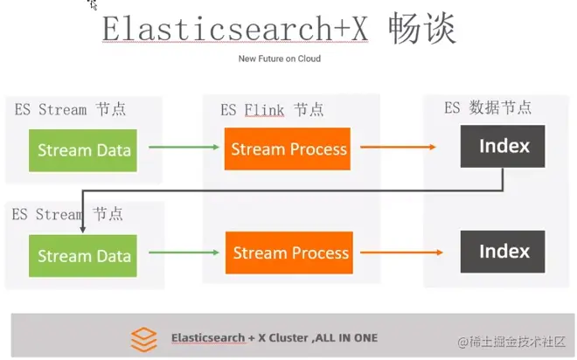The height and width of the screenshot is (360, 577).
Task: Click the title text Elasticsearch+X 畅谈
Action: pyautogui.click(x=279, y=29)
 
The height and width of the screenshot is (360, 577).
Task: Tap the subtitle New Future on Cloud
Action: pyautogui.click(x=280, y=59)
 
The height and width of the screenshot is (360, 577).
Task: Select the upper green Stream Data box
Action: pyautogui.click(x=84, y=149)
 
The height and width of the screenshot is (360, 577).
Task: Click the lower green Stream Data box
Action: pyautogui.click(x=84, y=256)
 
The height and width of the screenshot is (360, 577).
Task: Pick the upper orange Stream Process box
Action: pyautogui.click(x=288, y=149)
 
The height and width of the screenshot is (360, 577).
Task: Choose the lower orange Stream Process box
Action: pyautogui.click(x=289, y=253)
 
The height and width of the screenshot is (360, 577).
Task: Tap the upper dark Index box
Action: pyautogui.click(x=504, y=146)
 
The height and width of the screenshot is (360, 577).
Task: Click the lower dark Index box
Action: pyautogui.click(x=504, y=252)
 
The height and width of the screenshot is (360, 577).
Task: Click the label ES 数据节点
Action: pyautogui.click(x=488, y=107)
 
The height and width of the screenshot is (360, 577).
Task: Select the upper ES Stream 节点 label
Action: pyautogui.click(x=70, y=109)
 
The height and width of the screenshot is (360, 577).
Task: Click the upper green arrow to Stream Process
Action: pyautogui.click(x=184, y=147)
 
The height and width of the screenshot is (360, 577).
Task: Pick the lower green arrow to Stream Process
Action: pyautogui.click(x=184, y=253)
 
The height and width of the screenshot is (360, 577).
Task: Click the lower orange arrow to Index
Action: pyautogui.click(x=397, y=253)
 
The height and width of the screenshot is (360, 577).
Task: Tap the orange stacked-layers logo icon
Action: pyautogui.click(x=143, y=338)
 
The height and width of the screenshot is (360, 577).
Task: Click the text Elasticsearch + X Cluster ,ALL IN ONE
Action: pyautogui.click(x=275, y=337)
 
